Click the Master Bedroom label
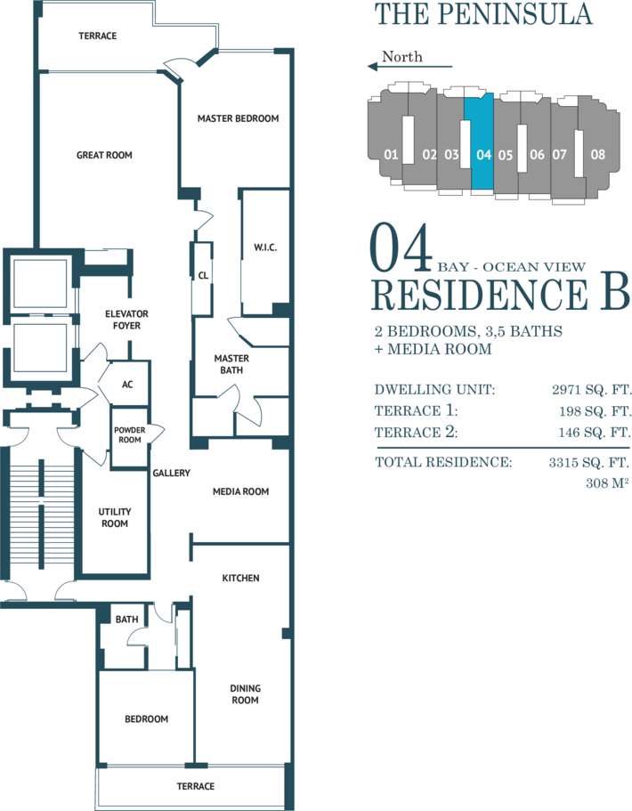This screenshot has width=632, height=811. (238, 118)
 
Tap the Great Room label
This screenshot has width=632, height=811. (104, 155)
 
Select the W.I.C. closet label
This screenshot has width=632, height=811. (264, 247)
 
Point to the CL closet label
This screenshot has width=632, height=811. (203, 276)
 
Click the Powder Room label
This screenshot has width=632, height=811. (129, 434)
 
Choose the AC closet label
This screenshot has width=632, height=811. (127, 385)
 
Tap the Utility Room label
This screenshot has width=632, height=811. (114, 518)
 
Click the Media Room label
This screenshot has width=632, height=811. (240, 491)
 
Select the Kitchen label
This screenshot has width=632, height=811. (240, 579)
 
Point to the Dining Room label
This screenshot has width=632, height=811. (245, 694)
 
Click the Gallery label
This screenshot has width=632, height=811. (171, 473)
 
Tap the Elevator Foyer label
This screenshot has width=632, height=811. (126, 320)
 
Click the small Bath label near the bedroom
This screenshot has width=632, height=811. (126, 619)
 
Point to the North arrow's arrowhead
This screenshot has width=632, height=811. (372, 66)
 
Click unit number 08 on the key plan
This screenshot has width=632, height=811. (597, 154)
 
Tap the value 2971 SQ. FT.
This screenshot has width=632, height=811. (592, 389)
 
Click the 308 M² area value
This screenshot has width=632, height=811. (607, 483)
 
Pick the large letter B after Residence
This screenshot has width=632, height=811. (614, 294)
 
